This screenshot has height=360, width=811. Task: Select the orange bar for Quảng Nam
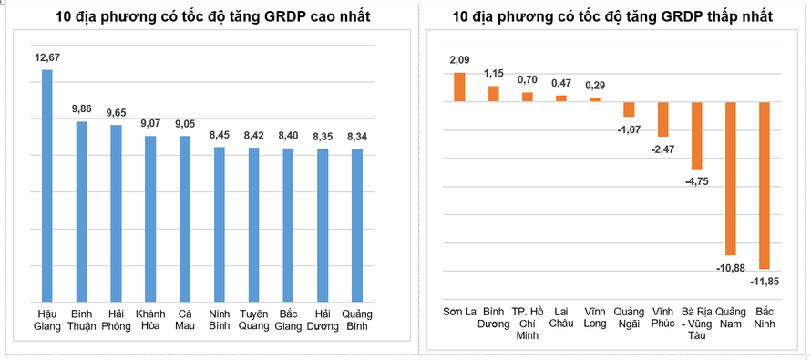(x=730, y=178)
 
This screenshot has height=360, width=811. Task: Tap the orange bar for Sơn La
(x=459, y=87)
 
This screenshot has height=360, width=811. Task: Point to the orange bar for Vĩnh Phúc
(x=662, y=118)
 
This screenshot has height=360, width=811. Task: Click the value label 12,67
(x=47, y=58)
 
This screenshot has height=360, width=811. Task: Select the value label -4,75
(x=696, y=181)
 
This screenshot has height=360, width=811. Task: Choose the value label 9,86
(x=82, y=109)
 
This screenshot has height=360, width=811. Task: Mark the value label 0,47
(x=561, y=83)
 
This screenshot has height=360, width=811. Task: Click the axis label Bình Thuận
(x=82, y=320)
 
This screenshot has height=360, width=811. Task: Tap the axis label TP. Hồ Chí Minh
(x=528, y=323)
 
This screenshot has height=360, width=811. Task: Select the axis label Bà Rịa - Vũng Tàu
(x=696, y=323)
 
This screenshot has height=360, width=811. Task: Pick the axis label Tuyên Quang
(x=253, y=320)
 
